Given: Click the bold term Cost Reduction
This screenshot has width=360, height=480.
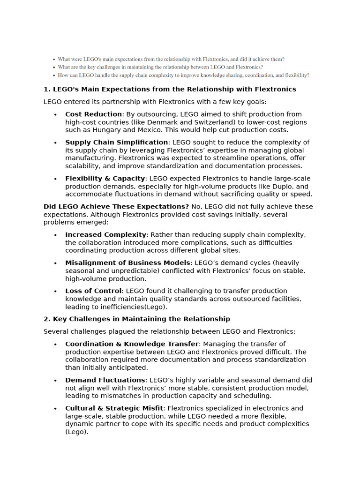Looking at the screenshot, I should (93, 114).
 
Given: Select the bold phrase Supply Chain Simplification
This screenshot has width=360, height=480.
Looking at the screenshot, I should (116, 142).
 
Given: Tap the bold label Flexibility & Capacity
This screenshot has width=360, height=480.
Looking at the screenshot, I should (105, 179).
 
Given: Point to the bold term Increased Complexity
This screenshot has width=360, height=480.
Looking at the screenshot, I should (106, 235).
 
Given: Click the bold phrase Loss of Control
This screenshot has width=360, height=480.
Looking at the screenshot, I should (93, 291).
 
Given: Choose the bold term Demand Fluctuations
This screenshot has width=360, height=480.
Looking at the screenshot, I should (105, 380).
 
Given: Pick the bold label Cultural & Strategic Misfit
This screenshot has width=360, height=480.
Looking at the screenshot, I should (114, 408).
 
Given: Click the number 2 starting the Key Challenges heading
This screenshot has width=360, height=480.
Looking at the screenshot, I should (46, 319).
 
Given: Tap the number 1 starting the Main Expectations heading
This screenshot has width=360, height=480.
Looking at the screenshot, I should (46, 90).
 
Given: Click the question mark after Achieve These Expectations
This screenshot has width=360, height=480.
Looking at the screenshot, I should (187, 207).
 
